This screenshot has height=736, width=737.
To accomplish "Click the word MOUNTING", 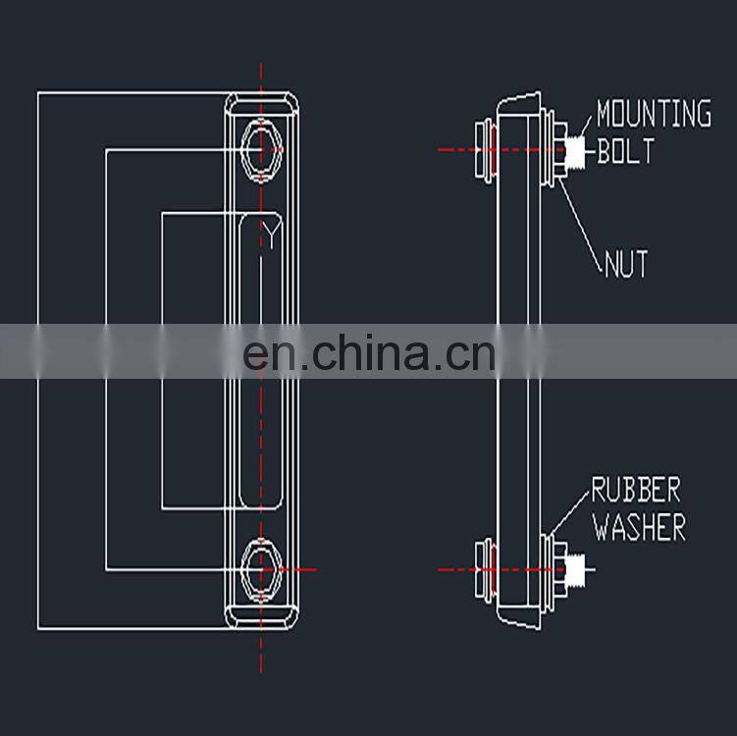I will tap(654, 114).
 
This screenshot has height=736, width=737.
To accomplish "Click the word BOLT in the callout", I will tap(625, 151).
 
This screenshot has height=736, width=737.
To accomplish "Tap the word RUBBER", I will tap(635, 490).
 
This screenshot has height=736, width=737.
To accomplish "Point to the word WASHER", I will tap(639, 527).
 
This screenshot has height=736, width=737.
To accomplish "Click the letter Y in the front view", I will tap(270, 235).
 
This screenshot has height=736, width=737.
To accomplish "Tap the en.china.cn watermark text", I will tap(369, 352).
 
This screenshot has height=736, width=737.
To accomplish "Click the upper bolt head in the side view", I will tap(482, 149).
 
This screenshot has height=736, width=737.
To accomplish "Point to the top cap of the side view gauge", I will tap(519, 102).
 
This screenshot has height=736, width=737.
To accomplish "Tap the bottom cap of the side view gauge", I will tap(519, 617).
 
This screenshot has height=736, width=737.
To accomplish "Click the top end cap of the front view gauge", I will tap(262, 104).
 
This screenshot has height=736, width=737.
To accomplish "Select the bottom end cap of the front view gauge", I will tap(262, 614).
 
